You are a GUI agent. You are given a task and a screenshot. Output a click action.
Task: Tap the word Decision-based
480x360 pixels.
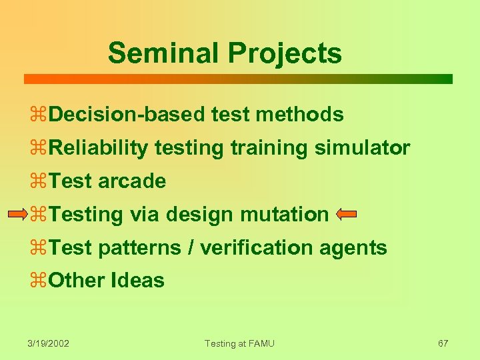(127, 115)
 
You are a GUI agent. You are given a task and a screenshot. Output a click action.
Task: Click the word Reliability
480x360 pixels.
(99, 148)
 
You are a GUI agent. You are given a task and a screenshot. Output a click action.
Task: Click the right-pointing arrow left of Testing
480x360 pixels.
(18, 215)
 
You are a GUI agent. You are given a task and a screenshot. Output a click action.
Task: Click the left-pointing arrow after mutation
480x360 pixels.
(347, 215)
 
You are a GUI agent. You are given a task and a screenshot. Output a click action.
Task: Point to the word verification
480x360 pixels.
(256, 248)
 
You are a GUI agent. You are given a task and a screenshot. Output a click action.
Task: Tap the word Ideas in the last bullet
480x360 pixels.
(139, 281)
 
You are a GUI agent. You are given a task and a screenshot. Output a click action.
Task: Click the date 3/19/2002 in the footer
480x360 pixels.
(49, 343)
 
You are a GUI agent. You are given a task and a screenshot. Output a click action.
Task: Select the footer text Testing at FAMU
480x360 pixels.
(239, 343)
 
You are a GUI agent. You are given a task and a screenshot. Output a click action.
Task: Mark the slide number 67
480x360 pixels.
(443, 343)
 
